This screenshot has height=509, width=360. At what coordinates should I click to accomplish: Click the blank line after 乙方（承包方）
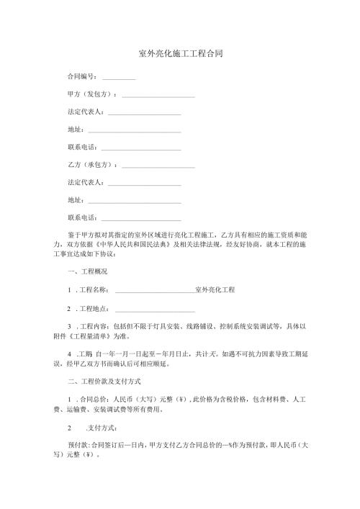(158, 167)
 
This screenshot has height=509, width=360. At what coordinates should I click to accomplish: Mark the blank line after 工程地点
(155, 310)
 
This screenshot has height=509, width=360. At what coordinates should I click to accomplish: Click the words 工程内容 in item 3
(94, 327)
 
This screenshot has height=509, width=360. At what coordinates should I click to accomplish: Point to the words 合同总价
(94, 400)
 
